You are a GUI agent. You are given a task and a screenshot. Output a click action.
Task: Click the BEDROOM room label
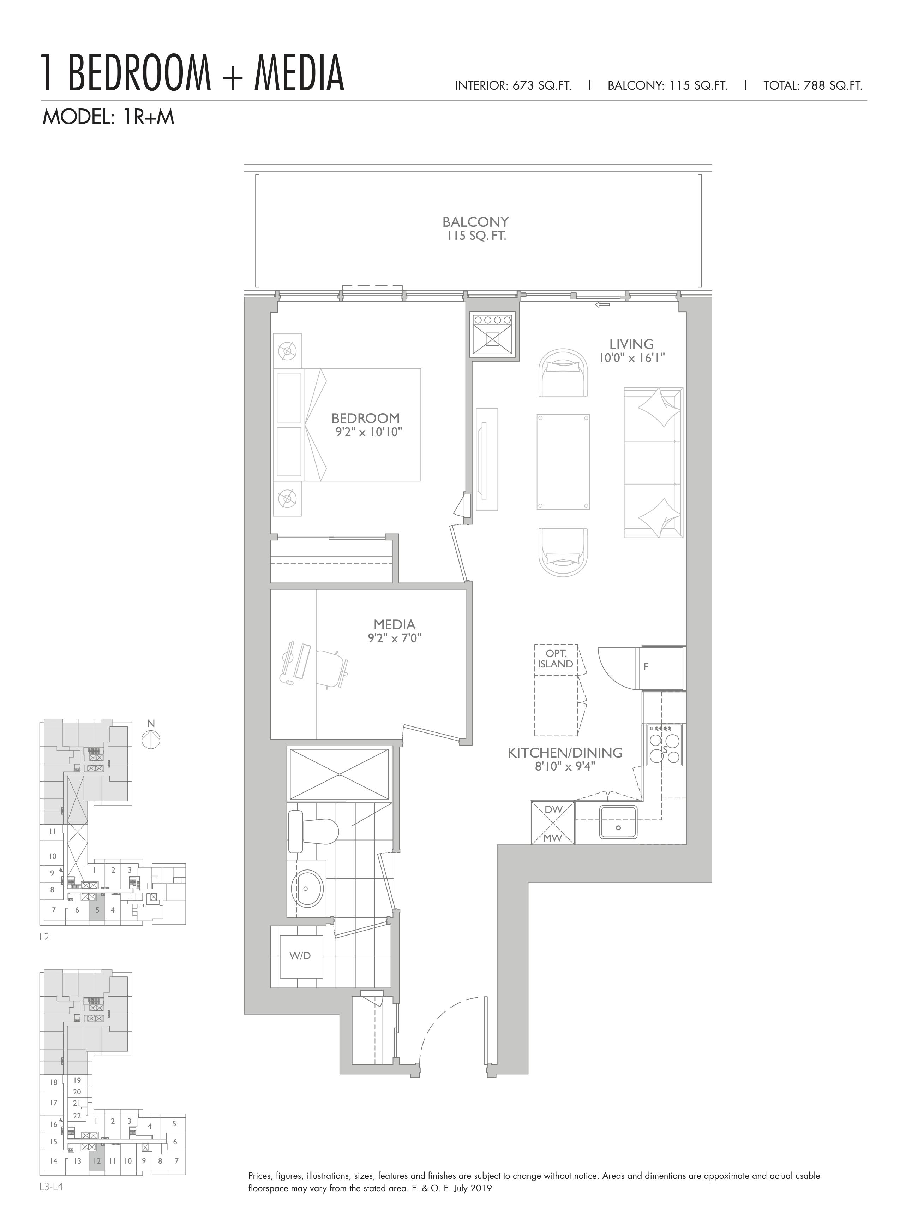[366, 418]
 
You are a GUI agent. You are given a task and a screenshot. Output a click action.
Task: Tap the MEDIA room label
[395, 625]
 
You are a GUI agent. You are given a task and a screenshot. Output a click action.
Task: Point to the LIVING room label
[631, 344]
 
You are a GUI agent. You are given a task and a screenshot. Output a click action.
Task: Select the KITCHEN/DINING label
[565, 753]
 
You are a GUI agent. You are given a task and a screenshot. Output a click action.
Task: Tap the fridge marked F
[662, 667]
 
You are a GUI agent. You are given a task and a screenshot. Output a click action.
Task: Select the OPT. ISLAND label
[556, 658]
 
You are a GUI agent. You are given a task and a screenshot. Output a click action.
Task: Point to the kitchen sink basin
[618, 823]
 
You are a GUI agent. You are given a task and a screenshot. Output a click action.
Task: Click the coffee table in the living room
[563, 462]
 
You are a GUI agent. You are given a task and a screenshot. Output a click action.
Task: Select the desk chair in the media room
[331, 667]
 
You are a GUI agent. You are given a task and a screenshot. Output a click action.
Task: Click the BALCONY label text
[476, 222]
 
